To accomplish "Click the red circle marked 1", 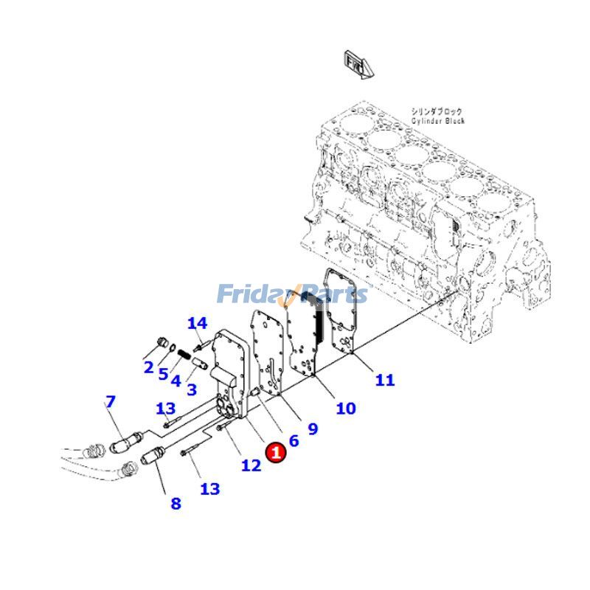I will point(276,452).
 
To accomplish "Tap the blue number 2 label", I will point(148,367).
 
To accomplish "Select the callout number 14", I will point(197,323).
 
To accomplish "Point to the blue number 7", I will point(111,402).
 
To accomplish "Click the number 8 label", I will point(176,504).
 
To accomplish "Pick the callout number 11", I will point(384,380).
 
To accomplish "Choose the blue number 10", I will point(345,408).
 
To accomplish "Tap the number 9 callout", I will point(313,428).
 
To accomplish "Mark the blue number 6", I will point(294,441).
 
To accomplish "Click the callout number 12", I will point(251,465).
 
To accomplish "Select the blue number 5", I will point(163,373).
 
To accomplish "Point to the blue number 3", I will point(191,389).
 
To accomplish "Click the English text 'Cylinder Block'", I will point(439,121).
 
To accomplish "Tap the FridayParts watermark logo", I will point(292,295).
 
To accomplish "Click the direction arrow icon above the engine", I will point(358,64).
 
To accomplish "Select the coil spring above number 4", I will point(183,357).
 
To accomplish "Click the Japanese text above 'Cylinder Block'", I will point(437,111).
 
